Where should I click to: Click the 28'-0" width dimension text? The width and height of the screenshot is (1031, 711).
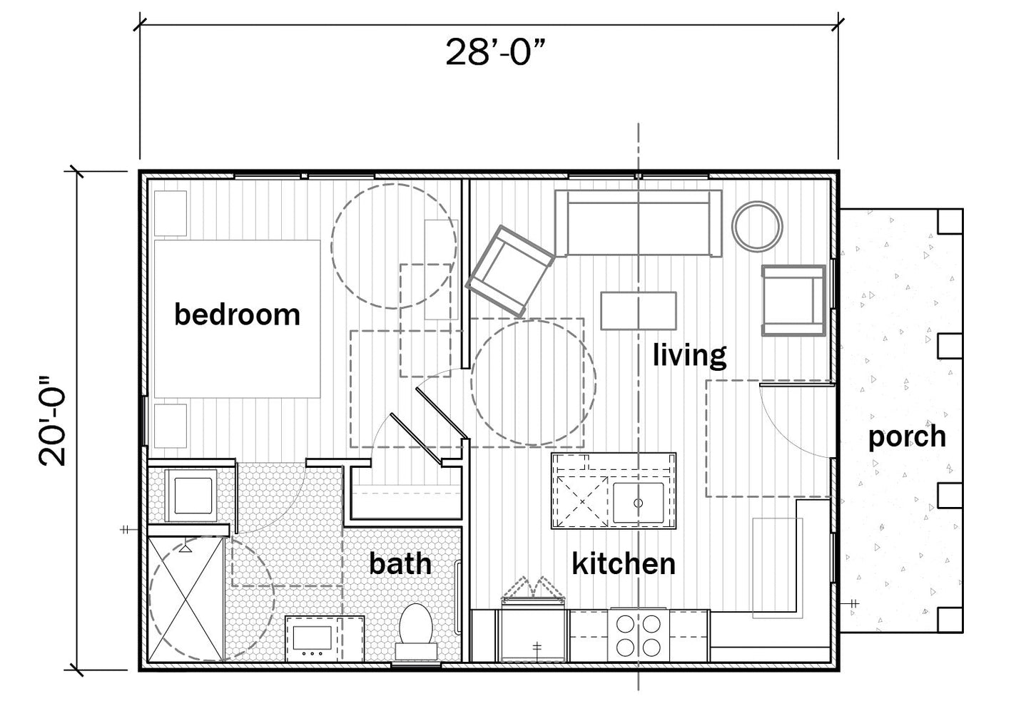click(x=495, y=52)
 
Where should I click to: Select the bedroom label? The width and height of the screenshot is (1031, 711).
click(x=237, y=314)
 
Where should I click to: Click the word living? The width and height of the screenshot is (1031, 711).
click(x=690, y=355)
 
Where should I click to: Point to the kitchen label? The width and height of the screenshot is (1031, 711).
click(x=624, y=563)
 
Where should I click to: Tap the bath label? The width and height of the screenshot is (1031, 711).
click(x=400, y=563)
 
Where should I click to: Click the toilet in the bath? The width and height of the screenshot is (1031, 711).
click(x=416, y=632)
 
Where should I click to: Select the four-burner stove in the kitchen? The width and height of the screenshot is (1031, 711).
click(x=639, y=636)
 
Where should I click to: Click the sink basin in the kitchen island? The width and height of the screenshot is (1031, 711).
click(x=639, y=503)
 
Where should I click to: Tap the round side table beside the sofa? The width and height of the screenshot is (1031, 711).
click(x=757, y=226)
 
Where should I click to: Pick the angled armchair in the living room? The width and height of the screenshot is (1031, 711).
click(x=509, y=270)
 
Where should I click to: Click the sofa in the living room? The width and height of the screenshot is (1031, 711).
click(x=639, y=223)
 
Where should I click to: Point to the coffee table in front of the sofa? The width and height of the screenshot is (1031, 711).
click(x=639, y=311)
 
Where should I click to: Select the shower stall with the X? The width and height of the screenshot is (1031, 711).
click(x=186, y=600)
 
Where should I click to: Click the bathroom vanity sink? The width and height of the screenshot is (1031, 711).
click(x=313, y=638)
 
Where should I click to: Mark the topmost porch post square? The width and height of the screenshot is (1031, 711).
click(x=950, y=221)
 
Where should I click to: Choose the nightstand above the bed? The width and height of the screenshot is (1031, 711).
click(x=171, y=213)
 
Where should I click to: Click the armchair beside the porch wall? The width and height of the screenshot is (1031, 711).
click(x=793, y=300)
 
